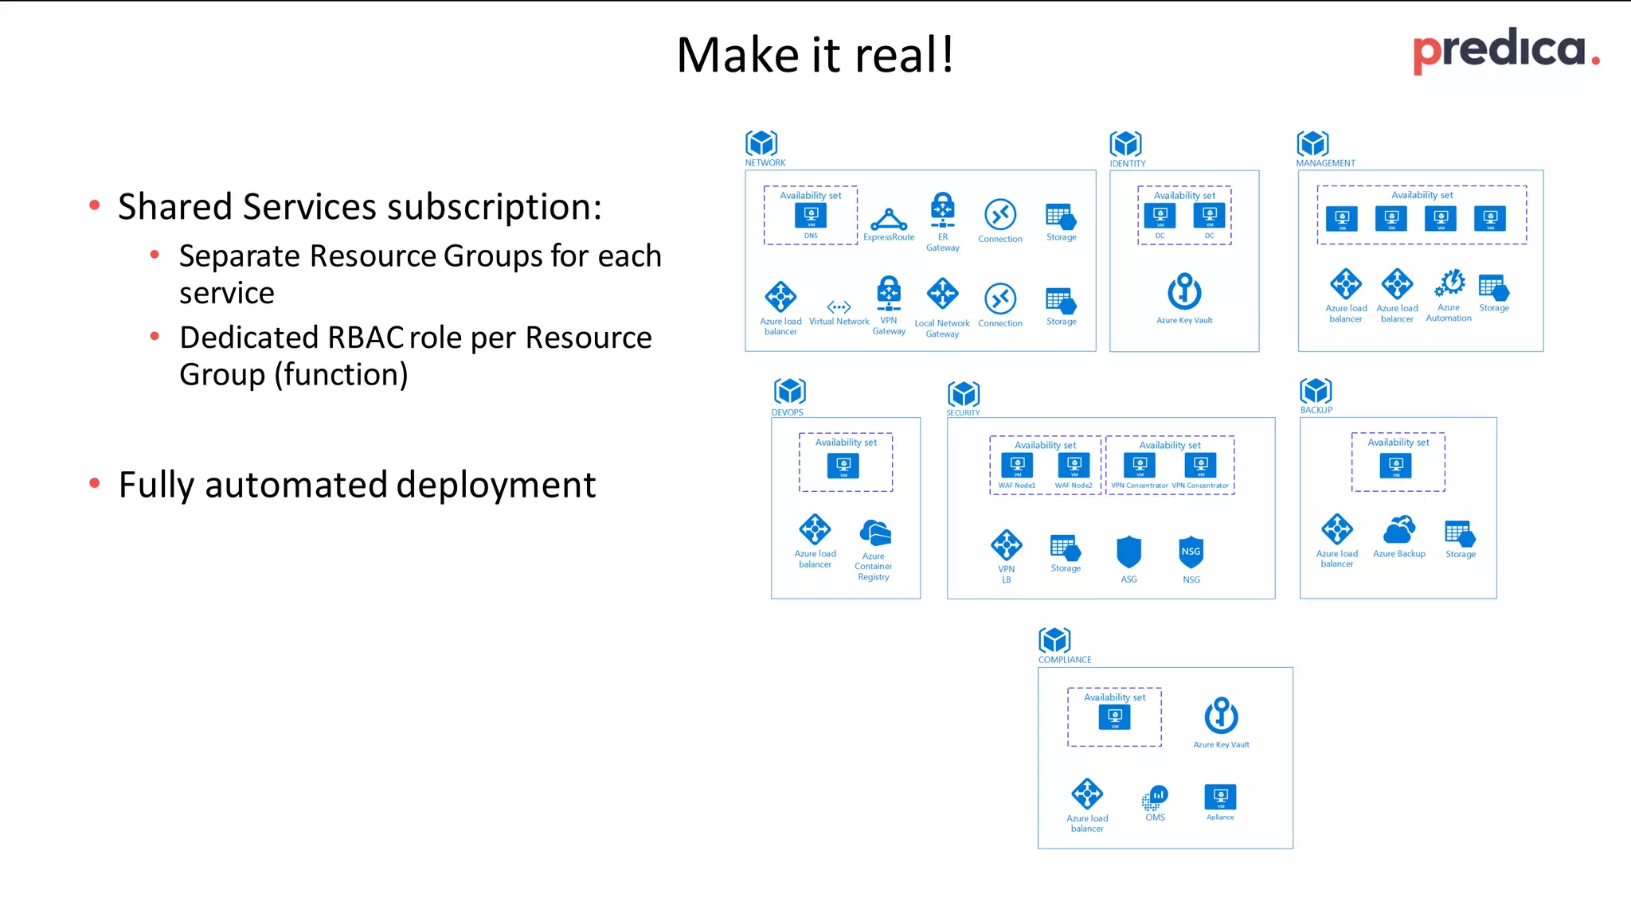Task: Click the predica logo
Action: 1504,50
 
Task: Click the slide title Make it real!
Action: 815,55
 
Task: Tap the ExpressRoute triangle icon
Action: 889,218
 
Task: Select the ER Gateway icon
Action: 943,210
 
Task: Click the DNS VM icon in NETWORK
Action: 811,215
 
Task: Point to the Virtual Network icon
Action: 839,306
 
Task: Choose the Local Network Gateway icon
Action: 942,294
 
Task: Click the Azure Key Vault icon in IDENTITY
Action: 1184,291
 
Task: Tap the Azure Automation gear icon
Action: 1449,283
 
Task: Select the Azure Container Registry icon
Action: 874,533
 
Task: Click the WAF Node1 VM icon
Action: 1017,465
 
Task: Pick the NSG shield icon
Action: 1191,552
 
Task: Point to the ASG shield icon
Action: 1128,552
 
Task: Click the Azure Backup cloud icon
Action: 1399,529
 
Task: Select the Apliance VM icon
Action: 1220,796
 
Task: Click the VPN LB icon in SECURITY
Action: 1007,545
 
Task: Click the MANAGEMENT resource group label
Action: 1325,163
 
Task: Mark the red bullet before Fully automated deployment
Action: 95,483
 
